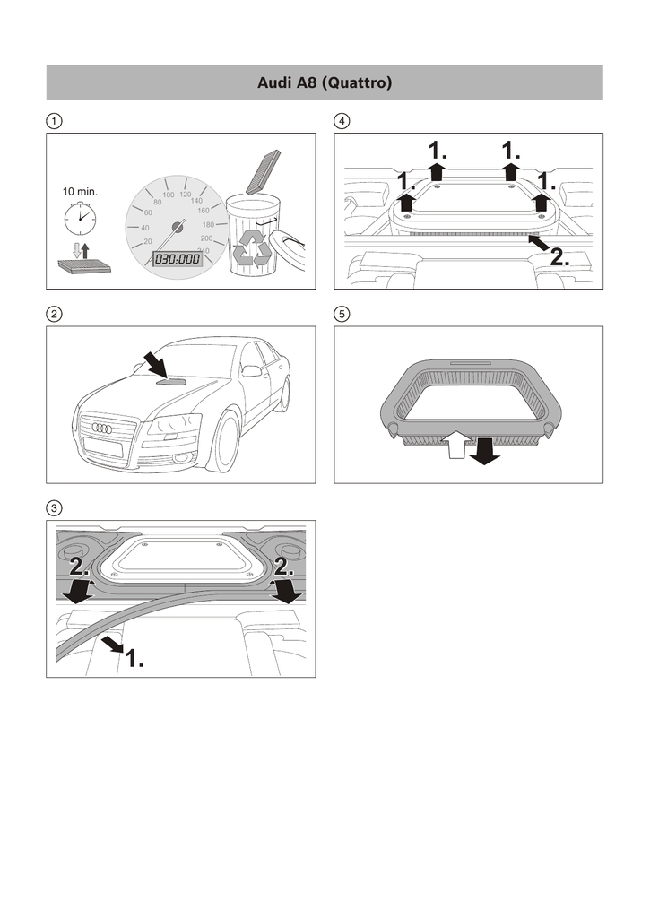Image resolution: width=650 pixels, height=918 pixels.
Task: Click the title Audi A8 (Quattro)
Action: pyautogui.click(x=325, y=83)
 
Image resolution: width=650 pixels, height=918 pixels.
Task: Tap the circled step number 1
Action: pyautogui.click(x=55, y=120)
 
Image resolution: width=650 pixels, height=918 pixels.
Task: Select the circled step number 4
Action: pyautogui.click(x=342, y=120)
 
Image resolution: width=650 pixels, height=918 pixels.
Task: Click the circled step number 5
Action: pyautogui.click(x=342, y=314)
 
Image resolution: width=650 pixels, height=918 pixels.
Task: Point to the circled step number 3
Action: pyautogui.click(x=55, y=507)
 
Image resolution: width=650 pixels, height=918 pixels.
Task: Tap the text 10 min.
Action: pyautogui.click(x=80, y=192)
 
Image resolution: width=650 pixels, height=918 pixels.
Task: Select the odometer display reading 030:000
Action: pyautogui.click(x=178, y=259)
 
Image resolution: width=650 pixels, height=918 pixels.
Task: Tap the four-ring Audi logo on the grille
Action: pyautogui.click(x=103, y=428)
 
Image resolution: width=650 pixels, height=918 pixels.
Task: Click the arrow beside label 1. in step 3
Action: pyautogui.click(x=113, y=643)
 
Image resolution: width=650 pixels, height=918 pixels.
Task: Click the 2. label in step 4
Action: pyautogui.click(x=559, y=257)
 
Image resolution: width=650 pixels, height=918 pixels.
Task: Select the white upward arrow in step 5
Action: pyautogui.click(x=455, y=443)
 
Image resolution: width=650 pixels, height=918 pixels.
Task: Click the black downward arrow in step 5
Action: pyautogui.click(x=485, y=450)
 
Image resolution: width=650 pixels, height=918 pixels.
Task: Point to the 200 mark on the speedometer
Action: pyautogui.click(x=206, y=238)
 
